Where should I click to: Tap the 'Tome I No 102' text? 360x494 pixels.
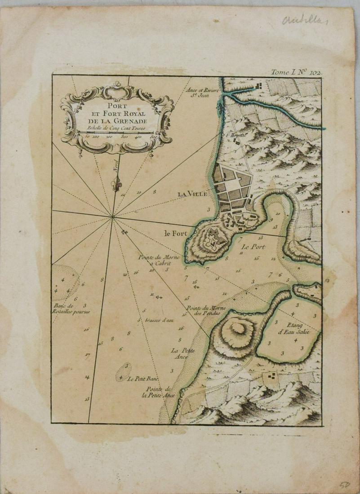click(295, 71)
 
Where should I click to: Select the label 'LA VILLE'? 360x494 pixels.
click(192, 194)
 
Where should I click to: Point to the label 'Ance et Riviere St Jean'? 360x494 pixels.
click(203, 92)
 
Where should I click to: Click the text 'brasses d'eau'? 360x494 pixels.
click(159, 320)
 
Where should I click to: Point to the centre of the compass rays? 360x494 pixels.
click(113, 218)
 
